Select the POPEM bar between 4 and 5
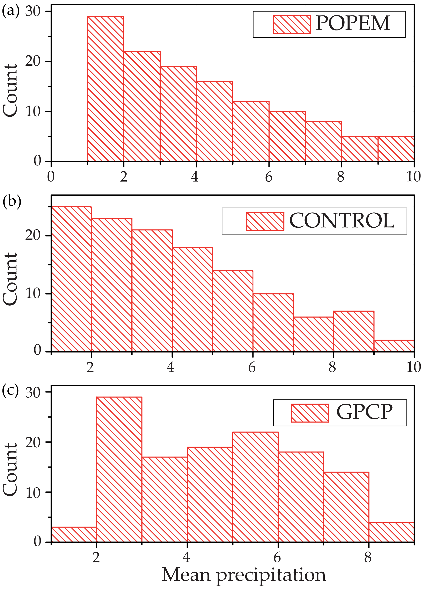(x=215, y=121)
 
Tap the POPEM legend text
(x=353, y=23)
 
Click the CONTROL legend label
(x=342, y=221)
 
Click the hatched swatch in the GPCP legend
(x=310, y=413)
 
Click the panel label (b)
(x=12, y=201)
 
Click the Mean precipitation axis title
(x=244, y=574)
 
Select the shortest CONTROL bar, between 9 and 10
(x=394, y=346)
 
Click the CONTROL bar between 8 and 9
(x=353, y=331)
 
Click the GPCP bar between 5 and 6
(x=255, y=487)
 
